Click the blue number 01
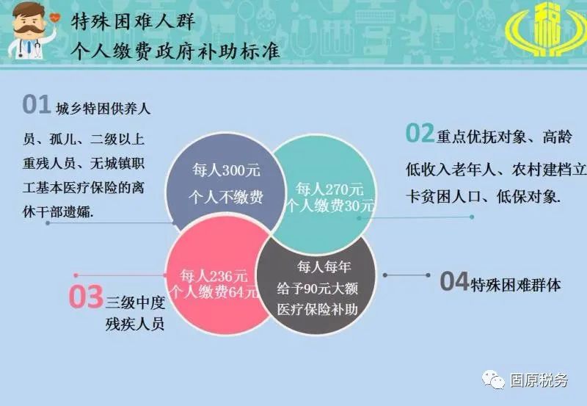tap(37, 104)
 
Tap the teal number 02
tap(420, 133)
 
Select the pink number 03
tap(86, 297)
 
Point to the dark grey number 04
tap(454, 281)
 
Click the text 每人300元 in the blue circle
tap(226, 170)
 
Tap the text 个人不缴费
tap(226, 197)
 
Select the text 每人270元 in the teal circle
tap(329, 189)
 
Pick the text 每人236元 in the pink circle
tap(214, 276)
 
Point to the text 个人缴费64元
tap(214, 292)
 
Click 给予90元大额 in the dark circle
tap(318, 289)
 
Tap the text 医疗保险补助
tap(318, 309)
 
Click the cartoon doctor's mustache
tap(29, 28)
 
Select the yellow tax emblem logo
tap(545, 29)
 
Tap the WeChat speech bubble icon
tap(493, 380)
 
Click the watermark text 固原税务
tap(539, 380)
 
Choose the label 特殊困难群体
tap(516, 285)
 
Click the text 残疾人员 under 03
tap(135, 324)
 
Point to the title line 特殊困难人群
tap(134, 22)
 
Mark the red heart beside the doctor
tap(54, 17)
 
